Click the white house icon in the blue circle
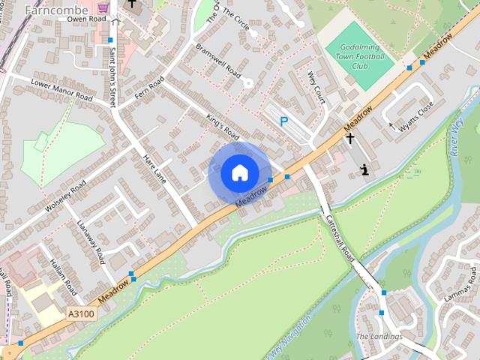[239, 172]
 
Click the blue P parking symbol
[283, 121]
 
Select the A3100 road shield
[80, 314]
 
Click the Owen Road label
[86, 18]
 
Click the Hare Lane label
[154, 169]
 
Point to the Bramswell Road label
[217, 60]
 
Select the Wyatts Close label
[415, 117]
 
